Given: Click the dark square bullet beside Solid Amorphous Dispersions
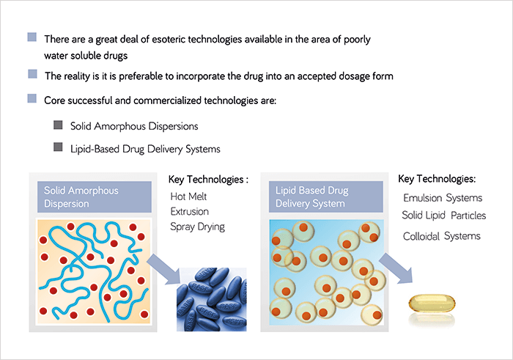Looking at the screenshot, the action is click(58, 125).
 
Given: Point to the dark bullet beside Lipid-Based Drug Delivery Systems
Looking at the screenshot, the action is click(58, 147).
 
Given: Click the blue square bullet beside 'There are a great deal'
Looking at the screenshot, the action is click(32, 37).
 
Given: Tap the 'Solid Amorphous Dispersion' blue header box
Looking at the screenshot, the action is click(95, 196).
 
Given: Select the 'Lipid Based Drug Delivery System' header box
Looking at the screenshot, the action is click(326, 196).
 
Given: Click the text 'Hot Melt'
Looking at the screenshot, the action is click(188, 196).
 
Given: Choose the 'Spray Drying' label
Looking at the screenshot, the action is click(198, 227).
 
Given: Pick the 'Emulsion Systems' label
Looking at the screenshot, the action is click(443, 198).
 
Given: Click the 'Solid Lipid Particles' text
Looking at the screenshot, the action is click(444, 216).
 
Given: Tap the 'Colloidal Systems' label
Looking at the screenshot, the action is click(442, 236).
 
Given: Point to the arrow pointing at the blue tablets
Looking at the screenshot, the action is click(164, 270).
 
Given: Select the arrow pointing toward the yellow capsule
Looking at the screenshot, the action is click(396, 268).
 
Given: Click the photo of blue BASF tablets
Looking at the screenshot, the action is click(212, 299).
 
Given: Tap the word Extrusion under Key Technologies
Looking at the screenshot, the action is click(189, 211).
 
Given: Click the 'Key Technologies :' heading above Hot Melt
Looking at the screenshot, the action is click(208, 180).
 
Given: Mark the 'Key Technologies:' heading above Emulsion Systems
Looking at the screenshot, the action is click(437, 179).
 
